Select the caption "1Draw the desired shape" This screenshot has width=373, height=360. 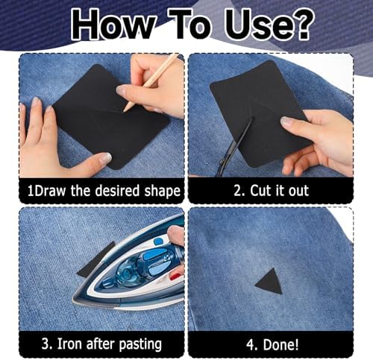point(104,191)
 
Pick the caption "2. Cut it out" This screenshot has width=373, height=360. point(270,191)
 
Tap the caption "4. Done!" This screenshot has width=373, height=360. point(270,345)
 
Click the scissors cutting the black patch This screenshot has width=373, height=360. point(234,148)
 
